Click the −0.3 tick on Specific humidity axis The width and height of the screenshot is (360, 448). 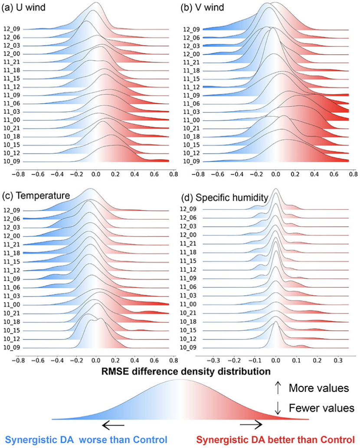[x=212, y=360]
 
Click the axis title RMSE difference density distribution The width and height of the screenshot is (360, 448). [x=180, y=371]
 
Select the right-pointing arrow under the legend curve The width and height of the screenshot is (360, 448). [x=251, y=425]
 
